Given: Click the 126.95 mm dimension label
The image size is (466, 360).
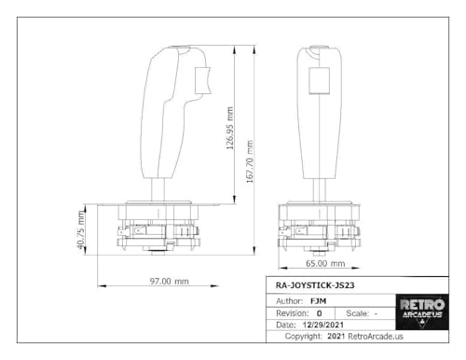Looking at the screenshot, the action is (x=230, y=128).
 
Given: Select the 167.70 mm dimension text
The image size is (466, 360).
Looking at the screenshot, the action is (x=250, y=161).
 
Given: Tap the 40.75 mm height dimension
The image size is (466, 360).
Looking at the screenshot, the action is (x=81, y=230).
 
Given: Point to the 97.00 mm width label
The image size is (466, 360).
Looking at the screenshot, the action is (x=170, y=282).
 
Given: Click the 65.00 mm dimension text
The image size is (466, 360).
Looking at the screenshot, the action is (x=325, y=264).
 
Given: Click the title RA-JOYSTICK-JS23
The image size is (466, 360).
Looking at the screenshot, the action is (x=315, y=285).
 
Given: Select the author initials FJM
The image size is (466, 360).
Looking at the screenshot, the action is (x=319, y=301).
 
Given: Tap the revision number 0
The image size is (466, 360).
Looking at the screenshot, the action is (x=319, y=313).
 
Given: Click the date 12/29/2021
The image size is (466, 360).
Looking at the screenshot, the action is (x=323, y=325).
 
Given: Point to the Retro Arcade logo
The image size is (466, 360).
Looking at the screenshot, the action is (x=422, y=312).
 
